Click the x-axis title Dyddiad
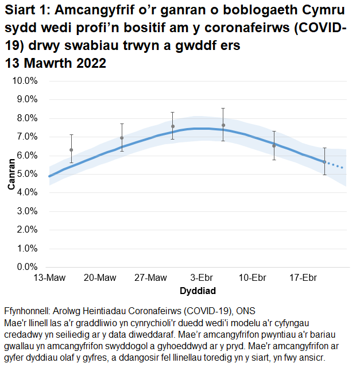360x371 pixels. click(x=198, y=290)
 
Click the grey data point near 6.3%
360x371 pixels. click(x=71, y=150)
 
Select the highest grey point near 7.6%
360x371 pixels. click(x=223, y=125)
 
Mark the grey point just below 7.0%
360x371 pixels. click(x=122, y=138)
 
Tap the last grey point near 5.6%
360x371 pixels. click(x=324, y=162)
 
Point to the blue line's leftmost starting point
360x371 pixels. click(x=49, y=176)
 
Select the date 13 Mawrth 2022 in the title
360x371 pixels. click(x=55, y=64)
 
